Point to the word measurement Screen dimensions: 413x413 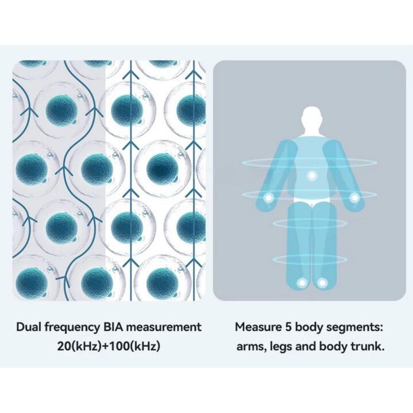(x=164, y=328)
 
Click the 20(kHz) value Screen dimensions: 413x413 (x=81, y=346)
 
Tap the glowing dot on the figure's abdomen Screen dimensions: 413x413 (x=312, y=176)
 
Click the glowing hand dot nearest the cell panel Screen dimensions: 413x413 (x=268, y=198)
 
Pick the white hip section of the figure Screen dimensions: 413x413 (x=312, y=204)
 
